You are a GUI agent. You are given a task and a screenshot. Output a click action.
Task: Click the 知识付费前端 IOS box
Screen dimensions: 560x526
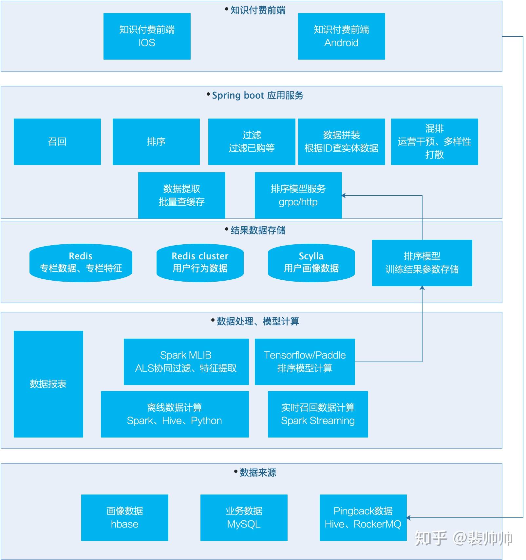tap(147, 36)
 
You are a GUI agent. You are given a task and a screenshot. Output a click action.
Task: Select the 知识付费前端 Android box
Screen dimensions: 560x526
tap(341, 36)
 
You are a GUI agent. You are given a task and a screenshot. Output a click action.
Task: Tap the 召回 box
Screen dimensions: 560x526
tap(57, 142)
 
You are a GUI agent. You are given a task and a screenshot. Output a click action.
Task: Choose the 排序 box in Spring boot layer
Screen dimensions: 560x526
tap(156, 142)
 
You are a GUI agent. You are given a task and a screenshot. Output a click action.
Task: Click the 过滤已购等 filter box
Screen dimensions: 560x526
tap(252, 142)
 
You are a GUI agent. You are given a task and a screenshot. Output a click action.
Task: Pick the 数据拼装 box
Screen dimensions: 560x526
tap(341, 142)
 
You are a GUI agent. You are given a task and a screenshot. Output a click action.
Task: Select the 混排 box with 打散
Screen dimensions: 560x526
tap(434, 142)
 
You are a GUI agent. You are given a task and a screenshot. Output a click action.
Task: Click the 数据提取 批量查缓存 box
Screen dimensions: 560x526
tap(181, 195)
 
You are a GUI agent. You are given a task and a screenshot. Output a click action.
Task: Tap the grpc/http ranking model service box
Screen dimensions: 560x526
tap(298, 195)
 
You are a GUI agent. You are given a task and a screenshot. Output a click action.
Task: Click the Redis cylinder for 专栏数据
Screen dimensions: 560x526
tap(81, 263)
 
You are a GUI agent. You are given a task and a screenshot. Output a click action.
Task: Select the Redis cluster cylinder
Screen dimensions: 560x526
tap(200, 263)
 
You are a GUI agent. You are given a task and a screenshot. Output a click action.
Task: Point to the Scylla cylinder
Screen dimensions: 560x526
tap(311, 263)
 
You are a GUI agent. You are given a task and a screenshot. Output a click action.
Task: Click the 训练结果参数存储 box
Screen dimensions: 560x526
tap(422, 263)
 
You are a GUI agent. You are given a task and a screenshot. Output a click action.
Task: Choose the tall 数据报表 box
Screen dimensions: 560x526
tap(48, 384)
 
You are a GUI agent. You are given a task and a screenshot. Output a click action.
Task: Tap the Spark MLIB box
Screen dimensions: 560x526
tap(186, 362)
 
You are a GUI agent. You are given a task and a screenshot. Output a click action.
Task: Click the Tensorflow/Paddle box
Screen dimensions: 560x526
tap(305, 362)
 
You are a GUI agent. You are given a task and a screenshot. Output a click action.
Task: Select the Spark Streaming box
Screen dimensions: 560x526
tap(318, 414)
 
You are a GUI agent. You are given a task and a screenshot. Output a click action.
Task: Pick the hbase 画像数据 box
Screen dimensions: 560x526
tap(124, 517)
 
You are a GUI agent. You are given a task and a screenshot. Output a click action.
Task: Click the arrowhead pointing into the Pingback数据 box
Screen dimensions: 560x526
tap(409, 518)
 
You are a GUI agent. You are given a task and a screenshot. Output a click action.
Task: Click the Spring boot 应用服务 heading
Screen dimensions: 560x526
tap(257, 95)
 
